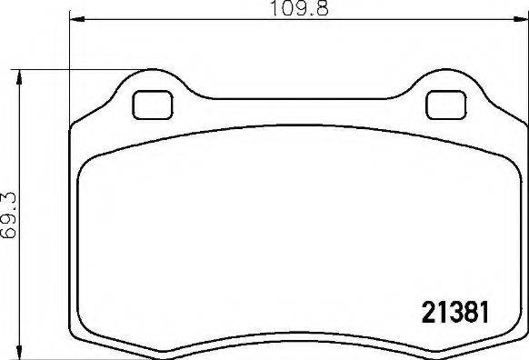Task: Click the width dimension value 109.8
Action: tap(295, 10)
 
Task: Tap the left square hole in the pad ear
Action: tap(152, 105)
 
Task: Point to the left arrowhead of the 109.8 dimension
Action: tap(75, 21)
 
